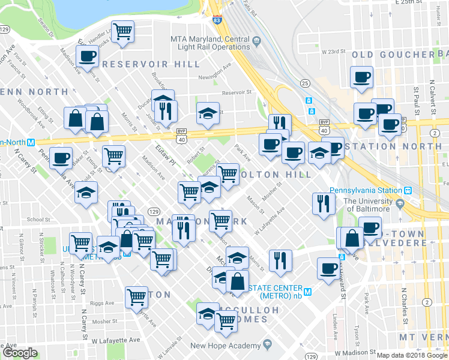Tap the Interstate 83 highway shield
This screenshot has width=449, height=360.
[x=215, y=20]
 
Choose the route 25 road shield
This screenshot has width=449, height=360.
[x=305, y=83]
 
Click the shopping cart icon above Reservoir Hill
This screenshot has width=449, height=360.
[x=123, y=32]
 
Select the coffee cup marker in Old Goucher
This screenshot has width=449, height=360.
[x=362, y=77]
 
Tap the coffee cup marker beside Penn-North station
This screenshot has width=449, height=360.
[x=61, y=158]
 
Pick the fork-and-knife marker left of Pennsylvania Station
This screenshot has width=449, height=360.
[x=322, y=203]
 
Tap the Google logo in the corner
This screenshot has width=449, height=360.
[x=20, y=353]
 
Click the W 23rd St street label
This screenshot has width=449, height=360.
[x=335, y=52]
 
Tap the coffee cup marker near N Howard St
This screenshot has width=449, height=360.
[x=328, y=268]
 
